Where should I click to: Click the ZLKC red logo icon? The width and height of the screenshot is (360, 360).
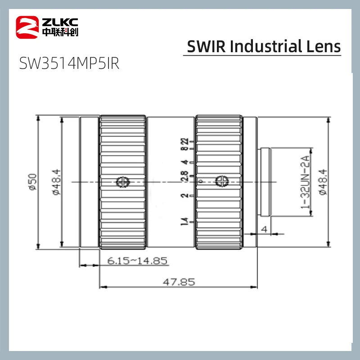click(x=27, y=27)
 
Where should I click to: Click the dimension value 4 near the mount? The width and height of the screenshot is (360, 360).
click(x=264, y=229)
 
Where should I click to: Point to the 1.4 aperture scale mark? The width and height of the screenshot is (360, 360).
click(x=184, y=221)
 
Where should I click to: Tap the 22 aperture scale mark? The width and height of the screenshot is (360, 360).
click(x=184, y=142)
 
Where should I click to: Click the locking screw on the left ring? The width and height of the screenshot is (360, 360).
click(x=122, y=182)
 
